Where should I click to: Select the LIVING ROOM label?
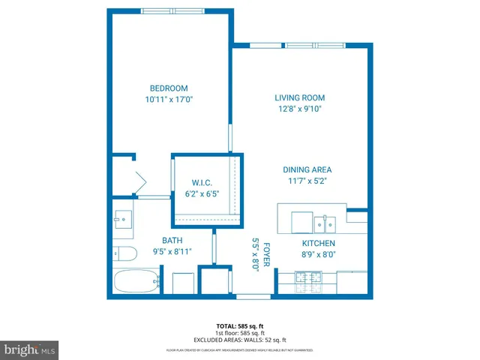pos(299,97)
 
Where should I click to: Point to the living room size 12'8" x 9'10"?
pos(299,109)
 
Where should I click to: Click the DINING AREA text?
pos(307,169)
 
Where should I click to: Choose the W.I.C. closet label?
pos(202,183)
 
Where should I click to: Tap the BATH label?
pos(172,241)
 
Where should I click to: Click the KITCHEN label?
pos(318,244)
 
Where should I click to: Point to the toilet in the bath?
pos(124,252)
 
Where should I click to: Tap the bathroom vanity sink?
pos(123,220)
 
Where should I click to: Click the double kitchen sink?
pos(325,223)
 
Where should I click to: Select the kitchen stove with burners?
pos(307,282)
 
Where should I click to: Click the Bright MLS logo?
pos(29,349)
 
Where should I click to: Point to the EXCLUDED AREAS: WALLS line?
pos(239,340)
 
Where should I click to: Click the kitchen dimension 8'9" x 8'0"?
pos(318,255)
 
